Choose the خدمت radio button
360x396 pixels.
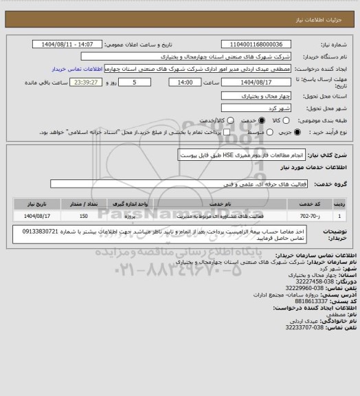click(x=236, y=120)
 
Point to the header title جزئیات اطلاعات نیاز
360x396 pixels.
click(x=324, y=10)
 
